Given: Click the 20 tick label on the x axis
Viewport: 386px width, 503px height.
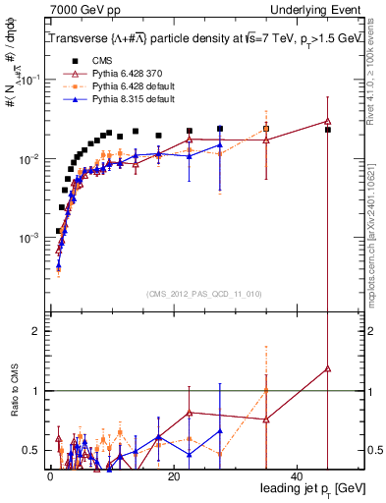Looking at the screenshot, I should [x=173, y=475].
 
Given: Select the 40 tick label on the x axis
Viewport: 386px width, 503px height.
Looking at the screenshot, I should [x=297, y=475].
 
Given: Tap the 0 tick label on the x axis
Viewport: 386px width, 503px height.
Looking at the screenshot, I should [x=49, y=475].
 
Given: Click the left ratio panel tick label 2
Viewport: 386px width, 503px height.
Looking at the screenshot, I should [x=36, y=331].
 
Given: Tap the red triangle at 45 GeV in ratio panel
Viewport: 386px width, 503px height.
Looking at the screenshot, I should [x=328, y=368].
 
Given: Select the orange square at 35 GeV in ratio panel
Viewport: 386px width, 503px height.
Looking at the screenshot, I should [x=266, y=391].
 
